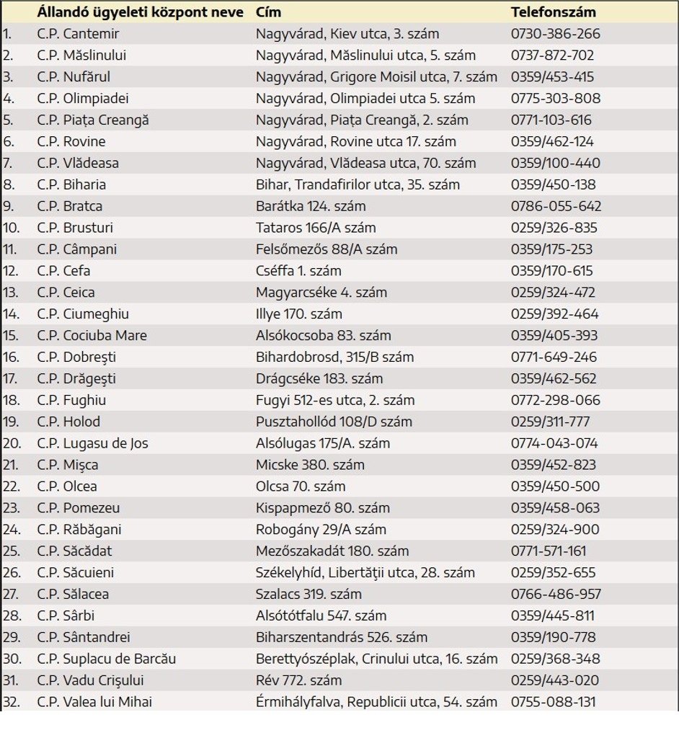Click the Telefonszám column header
click(553, 12)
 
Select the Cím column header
click(268, 12)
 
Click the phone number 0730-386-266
click(555, 34)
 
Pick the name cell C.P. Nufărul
click(74, 77)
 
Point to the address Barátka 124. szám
click(311, 206)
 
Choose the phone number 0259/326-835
click(554, 228)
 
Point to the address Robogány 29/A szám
click(321, 530)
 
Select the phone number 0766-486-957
click(556, 595)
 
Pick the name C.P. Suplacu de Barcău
click(106, 659)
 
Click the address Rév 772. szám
click(298, 680)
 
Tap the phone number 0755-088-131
click(554, 702)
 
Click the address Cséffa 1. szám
click(298, 271)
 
